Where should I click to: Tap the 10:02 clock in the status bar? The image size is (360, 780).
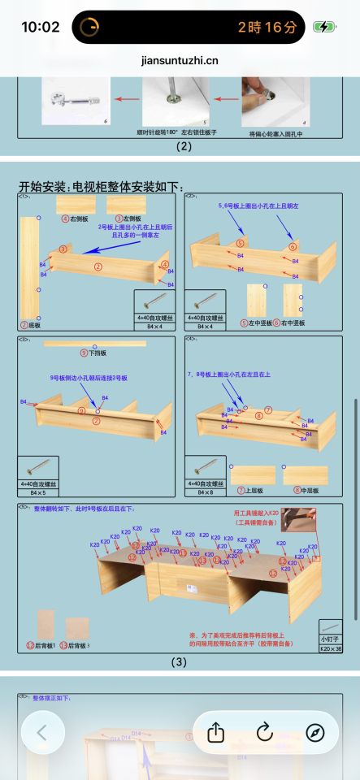click(40, 27)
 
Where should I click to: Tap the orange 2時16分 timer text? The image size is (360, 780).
click(267, 27)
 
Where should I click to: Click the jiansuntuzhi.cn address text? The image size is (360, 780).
click(180, 59)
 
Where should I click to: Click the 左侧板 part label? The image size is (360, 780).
click(129, 219)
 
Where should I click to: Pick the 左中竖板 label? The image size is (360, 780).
click(260, 323)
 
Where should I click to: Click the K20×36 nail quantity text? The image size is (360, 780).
click(330, 649)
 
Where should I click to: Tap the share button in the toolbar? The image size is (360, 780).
click(215, 732)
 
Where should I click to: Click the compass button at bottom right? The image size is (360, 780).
click(315, 732)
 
